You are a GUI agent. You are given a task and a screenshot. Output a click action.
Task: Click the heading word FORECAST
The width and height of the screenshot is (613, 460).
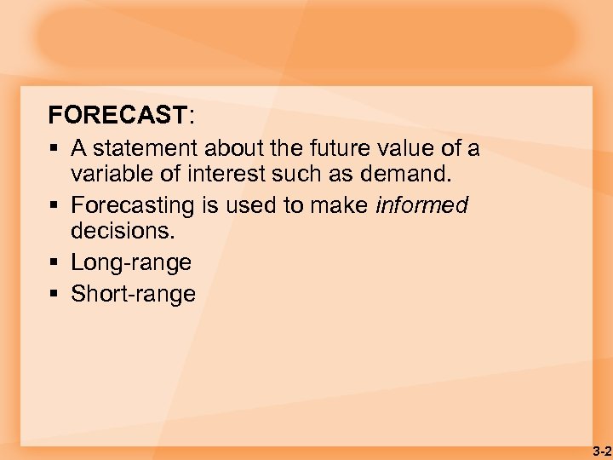pyautogui.click(x=117, y=114)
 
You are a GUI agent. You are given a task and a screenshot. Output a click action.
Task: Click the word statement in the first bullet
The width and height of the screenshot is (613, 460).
pyautogui.click(x=143, y=148)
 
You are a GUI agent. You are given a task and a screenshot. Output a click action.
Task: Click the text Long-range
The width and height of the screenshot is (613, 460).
pyautogui.click(x=131, y=262)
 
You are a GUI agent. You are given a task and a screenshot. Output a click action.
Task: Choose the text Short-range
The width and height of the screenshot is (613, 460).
pyautogui.click(x=133, y=294)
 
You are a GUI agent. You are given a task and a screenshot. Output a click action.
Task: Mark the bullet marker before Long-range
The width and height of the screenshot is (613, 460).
pyautogui.click(x=54, y=262)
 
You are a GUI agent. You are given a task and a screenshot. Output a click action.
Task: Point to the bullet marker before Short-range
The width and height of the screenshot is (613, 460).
pyautogui.click(x=54, y=294)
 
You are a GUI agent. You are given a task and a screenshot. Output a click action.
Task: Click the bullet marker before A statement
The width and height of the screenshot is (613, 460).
pyautogui.click(x=54, y=148)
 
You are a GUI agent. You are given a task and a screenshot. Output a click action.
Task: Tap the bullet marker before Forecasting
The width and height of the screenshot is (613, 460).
pyautogui.click(x=54, y=205)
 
